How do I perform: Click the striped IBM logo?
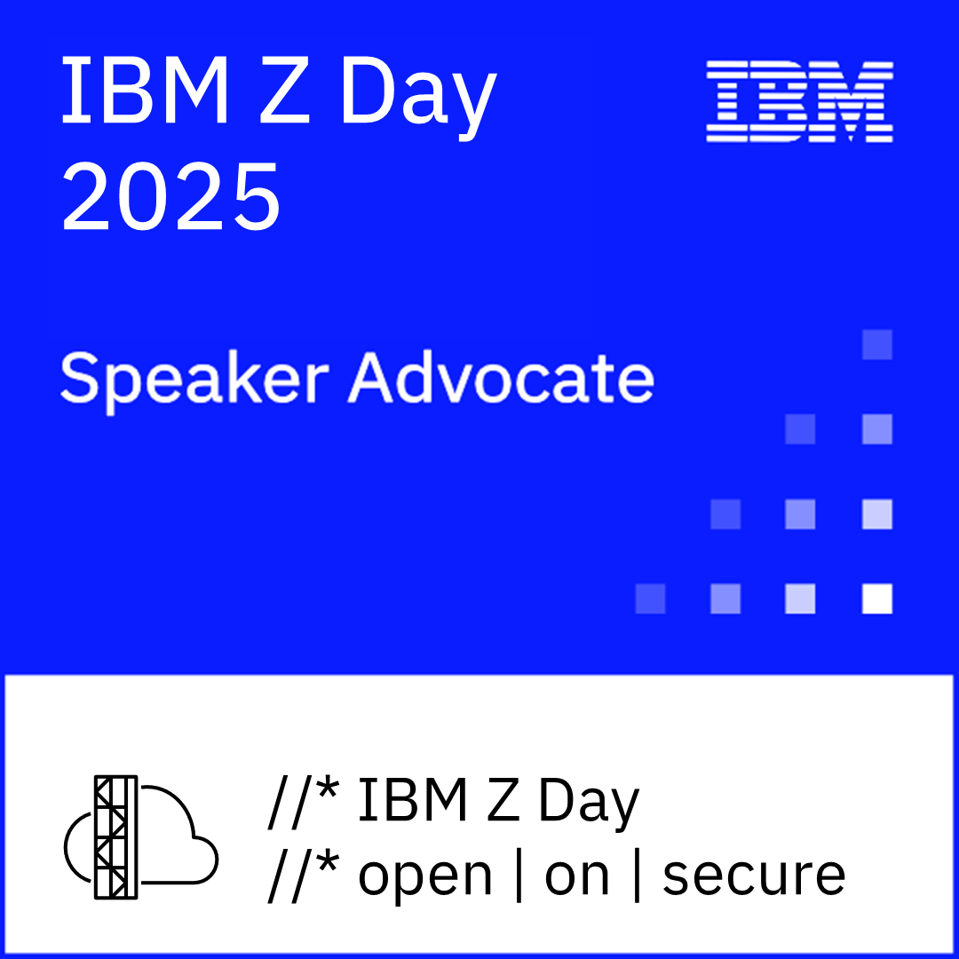click(799, 102)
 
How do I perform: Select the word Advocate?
click(502, 377)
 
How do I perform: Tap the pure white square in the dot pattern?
click(877, 598)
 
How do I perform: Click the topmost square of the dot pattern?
click(877, 345)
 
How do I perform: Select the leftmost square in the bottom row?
click(650, 598)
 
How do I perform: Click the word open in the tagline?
click(424, 877)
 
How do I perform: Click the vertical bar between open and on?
click(519, 875)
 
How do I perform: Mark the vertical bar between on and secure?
click(636, 875)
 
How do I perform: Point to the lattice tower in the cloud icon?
click(116, 836)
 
